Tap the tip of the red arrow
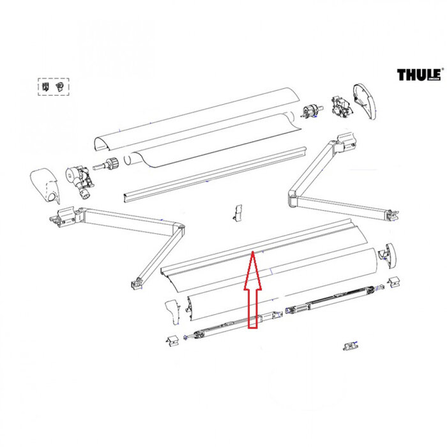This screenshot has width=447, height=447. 253,253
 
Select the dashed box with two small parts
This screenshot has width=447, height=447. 54,86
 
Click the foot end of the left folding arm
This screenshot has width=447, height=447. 135,281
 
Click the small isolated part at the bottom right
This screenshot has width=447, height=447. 349,345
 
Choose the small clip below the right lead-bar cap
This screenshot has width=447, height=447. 394,281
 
